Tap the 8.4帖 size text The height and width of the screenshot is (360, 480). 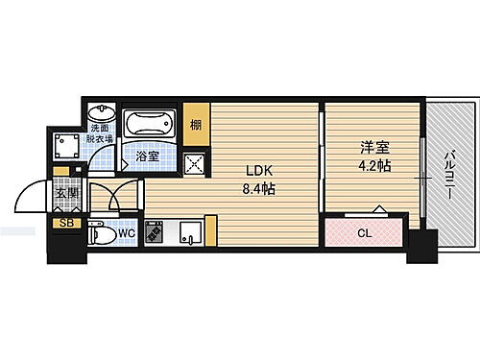(x=258, y=189)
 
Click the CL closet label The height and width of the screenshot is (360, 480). (x=366, y=232)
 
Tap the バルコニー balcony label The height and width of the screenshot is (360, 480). (x=450, y=179)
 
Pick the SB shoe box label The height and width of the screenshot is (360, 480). (x=65, y=225)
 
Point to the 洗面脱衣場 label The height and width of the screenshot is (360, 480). (x=101, y=133)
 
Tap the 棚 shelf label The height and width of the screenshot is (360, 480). (x=196, y=123)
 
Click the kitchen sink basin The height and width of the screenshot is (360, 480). (x=189, y=233)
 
